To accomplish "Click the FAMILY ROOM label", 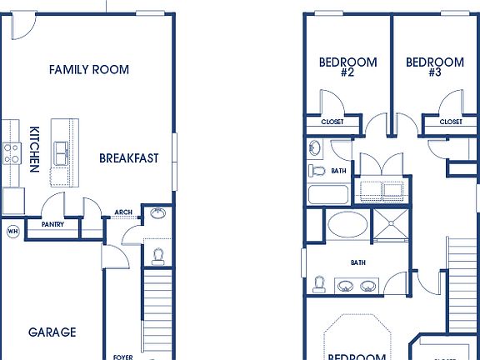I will pos(89,69).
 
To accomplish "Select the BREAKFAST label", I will pos(129,157).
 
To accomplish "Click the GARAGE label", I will pos(52,332).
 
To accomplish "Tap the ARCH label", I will pos(123,212).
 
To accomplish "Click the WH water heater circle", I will pos(12,230).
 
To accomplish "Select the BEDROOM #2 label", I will pos(348,67).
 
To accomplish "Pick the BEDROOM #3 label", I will pos(435,67).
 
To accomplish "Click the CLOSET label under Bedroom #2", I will pos(332,122).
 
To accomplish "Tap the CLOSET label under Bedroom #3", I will pos(451,122).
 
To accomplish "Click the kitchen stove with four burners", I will pos(12,152).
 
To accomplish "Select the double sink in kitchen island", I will pos(61,153).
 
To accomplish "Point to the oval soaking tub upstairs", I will pos(345,225).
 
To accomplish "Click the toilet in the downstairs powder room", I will pos(157,253).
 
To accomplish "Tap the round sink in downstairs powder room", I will pos(157,214).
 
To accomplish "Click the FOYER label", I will pos(123,356).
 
